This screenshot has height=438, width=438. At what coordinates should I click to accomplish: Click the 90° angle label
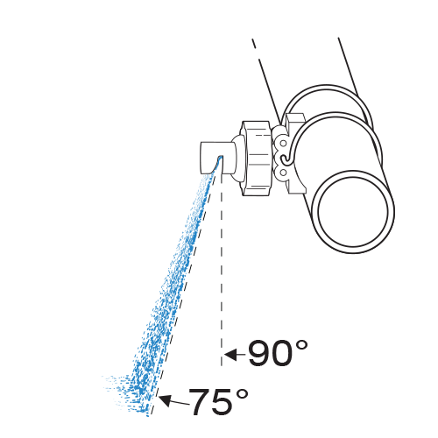(278, 352)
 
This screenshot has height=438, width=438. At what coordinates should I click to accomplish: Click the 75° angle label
(218, 401)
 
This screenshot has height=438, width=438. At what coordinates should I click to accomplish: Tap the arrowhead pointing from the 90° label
(230, 355)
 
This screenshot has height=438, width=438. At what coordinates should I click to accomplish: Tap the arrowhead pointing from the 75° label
(166, 400)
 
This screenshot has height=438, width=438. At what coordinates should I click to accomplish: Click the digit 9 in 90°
(259, 353)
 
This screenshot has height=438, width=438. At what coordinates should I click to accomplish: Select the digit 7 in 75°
(200, 401)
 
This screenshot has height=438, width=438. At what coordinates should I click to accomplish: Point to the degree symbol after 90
(301, 345)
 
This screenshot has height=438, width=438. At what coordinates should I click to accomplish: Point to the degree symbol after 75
(242, 394)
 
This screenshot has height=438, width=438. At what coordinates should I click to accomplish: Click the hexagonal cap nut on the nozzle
(258, 158)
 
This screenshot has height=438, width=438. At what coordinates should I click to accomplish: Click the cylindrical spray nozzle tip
(216, 158)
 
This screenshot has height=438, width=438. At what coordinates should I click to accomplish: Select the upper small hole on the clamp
(283, 144)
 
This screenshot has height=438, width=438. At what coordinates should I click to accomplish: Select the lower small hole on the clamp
(283, 173)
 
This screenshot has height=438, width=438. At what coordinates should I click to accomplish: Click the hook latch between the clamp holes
(285, 159)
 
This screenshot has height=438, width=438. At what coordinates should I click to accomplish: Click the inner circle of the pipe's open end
(354, 212)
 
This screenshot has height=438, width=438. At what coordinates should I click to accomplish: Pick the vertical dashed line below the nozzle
(222, 270)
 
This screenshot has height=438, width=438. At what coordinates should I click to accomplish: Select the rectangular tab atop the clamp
(295, 119)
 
